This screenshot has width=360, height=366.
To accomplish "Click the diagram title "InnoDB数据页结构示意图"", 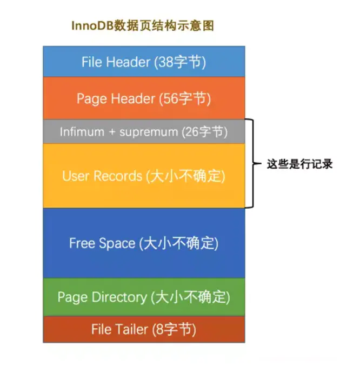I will (x=143, y=26).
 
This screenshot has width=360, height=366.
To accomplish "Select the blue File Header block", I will (x=144, y=62).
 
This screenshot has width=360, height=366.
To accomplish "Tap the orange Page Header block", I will (x=144, y=98).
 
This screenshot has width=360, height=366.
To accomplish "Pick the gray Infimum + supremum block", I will (x=144, y=131).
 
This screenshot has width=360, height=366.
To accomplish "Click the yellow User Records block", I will (x=144, y=176).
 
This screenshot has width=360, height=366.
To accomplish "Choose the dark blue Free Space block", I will (x=144, y=243).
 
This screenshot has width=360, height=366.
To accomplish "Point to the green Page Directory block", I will (x=144, y=297).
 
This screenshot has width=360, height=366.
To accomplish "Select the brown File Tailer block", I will (x=144, y=329).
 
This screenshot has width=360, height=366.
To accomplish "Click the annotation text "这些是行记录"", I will (x=299, y=164).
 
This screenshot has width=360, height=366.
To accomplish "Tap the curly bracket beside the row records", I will (x=250, y=163).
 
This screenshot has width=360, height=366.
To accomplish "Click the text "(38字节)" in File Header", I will (x=180, y=62).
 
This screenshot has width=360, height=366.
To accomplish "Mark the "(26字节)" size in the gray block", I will (x=203, y=131).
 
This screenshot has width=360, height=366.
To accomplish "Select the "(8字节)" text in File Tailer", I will (x=175, y=329).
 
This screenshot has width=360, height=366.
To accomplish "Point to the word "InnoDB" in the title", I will (x=91, y=26).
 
